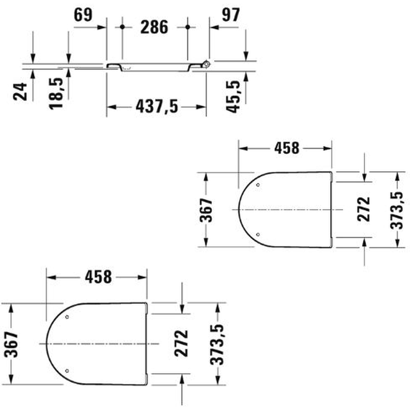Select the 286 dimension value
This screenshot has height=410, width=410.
click(x=155, y=27)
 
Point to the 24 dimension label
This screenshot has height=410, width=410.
click(x=21, y=91)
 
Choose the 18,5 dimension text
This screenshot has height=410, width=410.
click(x=56, y=93)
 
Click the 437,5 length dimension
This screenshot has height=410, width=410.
click(x=156, y=107)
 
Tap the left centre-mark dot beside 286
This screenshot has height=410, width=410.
click(x=122, y=27)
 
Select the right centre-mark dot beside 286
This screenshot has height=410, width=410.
click(x=188, y=27)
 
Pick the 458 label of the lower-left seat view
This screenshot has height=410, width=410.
click(x=98, y=278)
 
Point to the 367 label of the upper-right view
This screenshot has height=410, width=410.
click(x=207, y=210)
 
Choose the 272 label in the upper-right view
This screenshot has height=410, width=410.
click(x=364, y=209)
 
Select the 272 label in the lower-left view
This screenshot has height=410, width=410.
click(x=181, y=343)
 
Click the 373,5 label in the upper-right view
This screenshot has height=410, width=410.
click(x=397, y=210)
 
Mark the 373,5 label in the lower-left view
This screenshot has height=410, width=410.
click(x=218, y=344)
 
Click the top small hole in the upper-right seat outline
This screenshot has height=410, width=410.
click(x=258, y=185)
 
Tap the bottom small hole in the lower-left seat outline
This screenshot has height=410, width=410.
click(x=67, y=371)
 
